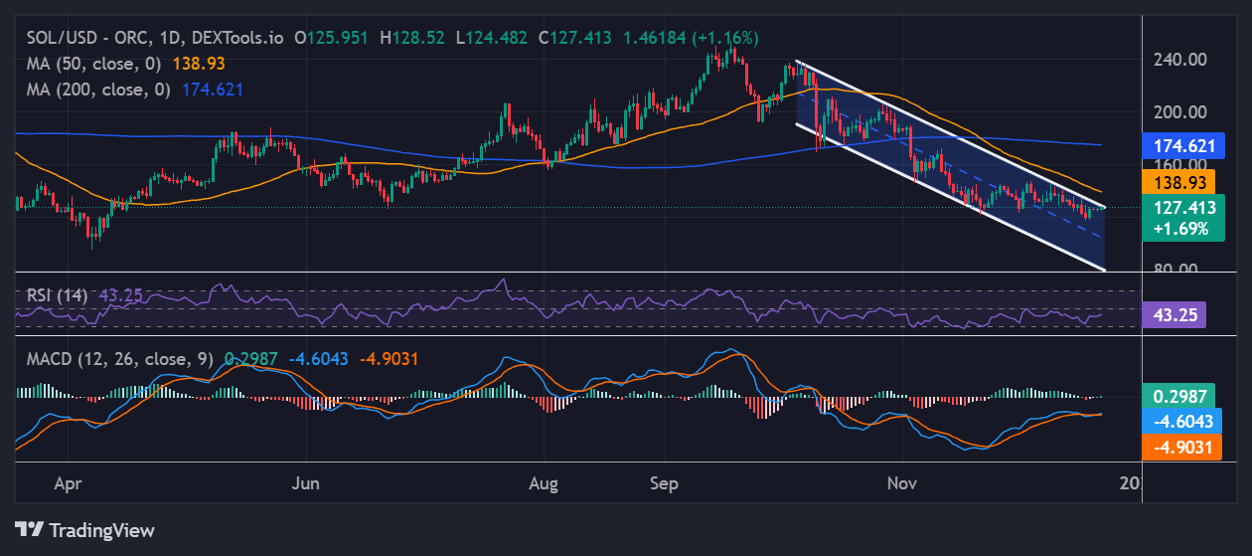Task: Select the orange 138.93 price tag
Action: pos(1182,182)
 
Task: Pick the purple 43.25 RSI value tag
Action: pos(1177,315)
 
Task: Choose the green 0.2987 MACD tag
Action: pos(1182,397)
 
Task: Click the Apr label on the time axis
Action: pos(68,484)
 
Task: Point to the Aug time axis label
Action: pos(544,484)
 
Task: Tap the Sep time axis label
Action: pos(664,484)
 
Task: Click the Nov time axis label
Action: pos(901,484)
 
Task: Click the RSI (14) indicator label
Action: pos(57,295)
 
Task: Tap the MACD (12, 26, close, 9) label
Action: pos(119,359)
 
